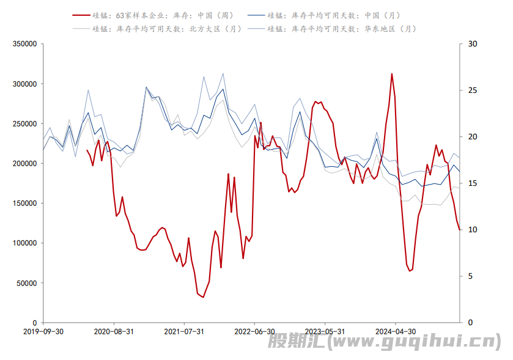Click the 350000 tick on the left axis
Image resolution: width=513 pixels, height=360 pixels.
click(24, 44)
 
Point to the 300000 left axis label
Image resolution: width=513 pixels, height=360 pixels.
click(24, 84)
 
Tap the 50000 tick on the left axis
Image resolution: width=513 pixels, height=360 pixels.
click(26, 283)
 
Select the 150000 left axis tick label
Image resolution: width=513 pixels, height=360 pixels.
click(24, 204)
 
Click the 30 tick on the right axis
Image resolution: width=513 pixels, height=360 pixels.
click(471, 44)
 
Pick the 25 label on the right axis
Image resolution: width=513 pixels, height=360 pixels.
click(471, 90)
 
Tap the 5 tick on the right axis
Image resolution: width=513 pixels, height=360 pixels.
click(470, 276)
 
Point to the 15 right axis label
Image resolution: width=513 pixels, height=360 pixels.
click(471, 183)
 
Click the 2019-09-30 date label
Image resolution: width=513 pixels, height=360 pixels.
click(43, 331)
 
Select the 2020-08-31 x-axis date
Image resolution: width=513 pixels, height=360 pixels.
click(114, 331)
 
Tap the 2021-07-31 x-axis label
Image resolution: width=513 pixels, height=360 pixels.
click(184, 331)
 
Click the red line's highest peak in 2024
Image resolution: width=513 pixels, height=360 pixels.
click(392, 74)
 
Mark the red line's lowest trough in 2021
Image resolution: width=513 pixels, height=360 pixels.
click(203, 297)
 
